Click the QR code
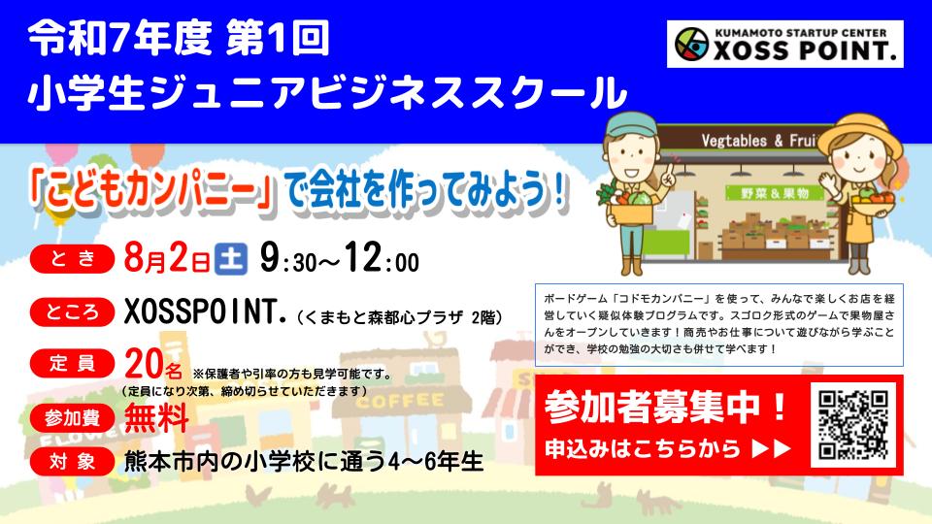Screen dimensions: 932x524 [853, 424]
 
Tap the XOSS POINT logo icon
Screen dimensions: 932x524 [692, 44]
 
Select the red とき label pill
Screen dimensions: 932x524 [72, 258]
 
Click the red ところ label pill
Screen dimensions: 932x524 [72, 311]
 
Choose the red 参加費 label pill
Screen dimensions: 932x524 [72, 418]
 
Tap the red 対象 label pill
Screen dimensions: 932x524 [72, 462]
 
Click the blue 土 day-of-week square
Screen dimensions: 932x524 [231, 260]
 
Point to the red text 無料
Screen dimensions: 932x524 [156, 417]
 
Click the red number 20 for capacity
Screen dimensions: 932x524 [144, 364]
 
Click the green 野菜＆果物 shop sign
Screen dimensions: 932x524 [775, 193]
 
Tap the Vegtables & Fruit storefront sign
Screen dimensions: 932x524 [758, 141]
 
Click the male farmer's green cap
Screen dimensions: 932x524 [631, 125]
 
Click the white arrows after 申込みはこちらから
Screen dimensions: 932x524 [772, 448]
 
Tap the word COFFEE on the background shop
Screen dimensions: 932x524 [399, 402]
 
